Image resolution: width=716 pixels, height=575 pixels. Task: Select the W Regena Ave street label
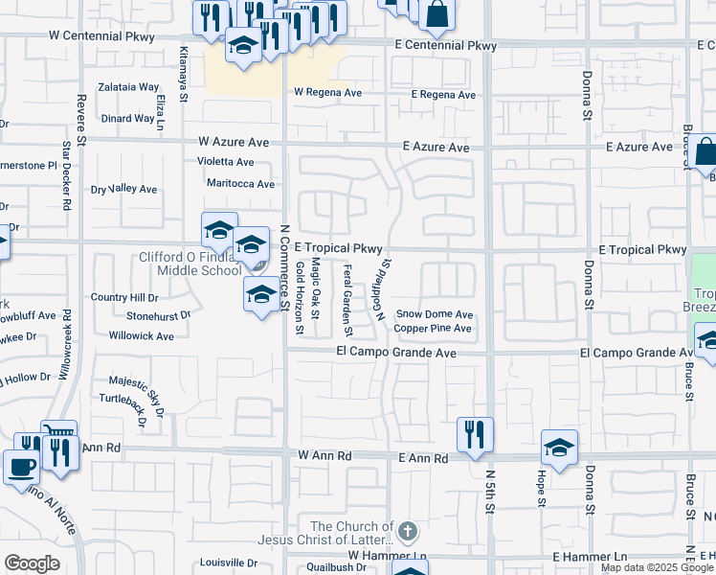pyautogui.click(x=327, y=93)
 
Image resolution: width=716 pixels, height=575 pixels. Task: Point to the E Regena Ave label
pyautogui.click(x=443, y=95)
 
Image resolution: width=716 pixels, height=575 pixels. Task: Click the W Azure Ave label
pyautogui.click(x=234, y=141)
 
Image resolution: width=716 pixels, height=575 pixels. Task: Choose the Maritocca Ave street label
pyautogui.click(x=240, y=183)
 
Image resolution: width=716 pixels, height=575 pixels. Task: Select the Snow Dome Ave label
pyautogui.click(x=435, y=313)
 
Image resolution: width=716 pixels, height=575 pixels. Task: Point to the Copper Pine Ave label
pyautogui.click(x=433, y=329)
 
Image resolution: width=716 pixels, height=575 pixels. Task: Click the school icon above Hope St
pyautogui.click(x=560, y=446)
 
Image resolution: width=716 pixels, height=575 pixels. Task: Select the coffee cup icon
pyautogui.click(x=21, y=468)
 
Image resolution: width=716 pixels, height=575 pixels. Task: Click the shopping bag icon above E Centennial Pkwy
pyautogui.click(x=436, y=14)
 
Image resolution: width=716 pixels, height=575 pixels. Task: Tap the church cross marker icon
pyautogui.click(x=408, y=531)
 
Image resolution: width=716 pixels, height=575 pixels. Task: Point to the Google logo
pyautogui.click(x=32, y=563)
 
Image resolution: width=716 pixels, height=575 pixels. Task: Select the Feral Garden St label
pyautogui.click(x=347, y=301)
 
